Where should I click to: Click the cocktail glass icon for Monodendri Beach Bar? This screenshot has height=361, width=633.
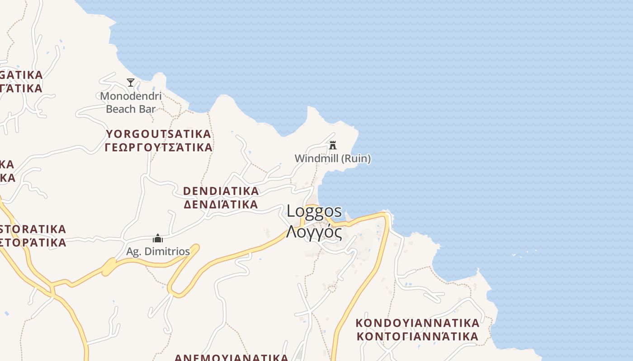pos(131,82)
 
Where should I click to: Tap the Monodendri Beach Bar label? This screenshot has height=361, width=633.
pos(131,102)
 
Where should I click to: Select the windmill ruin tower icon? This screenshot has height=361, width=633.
pos(333,145)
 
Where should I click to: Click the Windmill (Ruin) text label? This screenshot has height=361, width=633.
pos(332,158)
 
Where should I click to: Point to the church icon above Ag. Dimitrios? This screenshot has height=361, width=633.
pos(158,238)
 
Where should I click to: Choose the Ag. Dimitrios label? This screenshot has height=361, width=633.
pos(158,251)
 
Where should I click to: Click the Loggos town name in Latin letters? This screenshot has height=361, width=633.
pos(314,211)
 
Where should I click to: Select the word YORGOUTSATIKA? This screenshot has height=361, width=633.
pos(159,134)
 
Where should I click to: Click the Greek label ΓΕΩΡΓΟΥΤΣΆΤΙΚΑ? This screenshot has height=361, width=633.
pos(159,148)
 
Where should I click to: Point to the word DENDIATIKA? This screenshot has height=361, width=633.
pos(221,191)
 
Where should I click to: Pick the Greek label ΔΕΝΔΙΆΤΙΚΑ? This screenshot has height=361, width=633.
pos(221,204)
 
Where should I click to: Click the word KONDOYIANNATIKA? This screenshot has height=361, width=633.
pos(417,323)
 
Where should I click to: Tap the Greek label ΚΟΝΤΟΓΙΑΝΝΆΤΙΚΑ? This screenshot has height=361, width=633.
pos(417,337)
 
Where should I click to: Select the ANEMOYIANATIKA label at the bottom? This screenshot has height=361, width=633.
pos(231,357)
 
